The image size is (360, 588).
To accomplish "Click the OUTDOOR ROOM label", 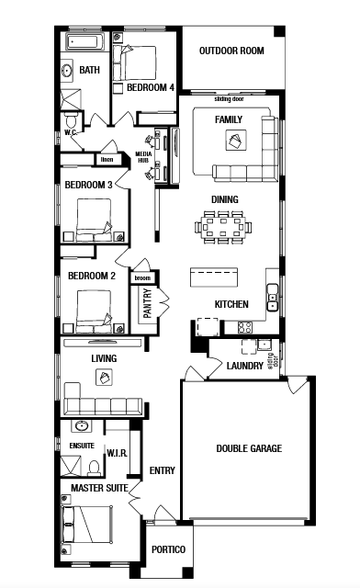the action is [x=231, y=51].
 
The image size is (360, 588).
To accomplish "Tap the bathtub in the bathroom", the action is [x=84, y=41].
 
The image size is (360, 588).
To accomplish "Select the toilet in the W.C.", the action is [x=71, y=120].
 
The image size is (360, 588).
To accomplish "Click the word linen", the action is [x=107, y=159].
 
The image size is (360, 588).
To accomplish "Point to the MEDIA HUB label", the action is [x=143, y=157].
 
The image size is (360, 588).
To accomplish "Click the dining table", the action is [x=223, y=227].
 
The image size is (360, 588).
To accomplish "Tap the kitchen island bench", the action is [x=214, y=277].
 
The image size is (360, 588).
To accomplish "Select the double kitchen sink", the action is [x=272, y=298].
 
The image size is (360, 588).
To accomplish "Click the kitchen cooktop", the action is [x=244, y=327].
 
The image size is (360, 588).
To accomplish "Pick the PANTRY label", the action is [x=147, y=303].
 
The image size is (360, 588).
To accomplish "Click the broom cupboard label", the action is [x=142, y=277].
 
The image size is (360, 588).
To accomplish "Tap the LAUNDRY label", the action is [x=245, y=366].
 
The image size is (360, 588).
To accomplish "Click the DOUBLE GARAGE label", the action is [x=249, y=448].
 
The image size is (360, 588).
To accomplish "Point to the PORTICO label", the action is [x=168, y=549].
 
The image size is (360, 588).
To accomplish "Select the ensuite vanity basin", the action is [x=82, y=426].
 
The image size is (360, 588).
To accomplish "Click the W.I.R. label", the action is [x=117, y=453].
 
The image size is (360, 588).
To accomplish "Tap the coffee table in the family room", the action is [x=236, y=141].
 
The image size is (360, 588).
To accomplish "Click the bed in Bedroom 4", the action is [x=134, y=62].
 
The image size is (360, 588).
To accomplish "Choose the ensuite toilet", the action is [x=94, y=468].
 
